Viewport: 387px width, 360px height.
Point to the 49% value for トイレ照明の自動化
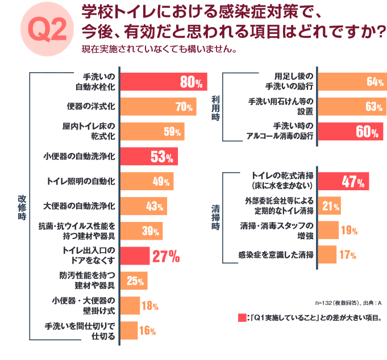tap(161, 181)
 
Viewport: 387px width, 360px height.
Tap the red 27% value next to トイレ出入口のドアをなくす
tap(166, 256)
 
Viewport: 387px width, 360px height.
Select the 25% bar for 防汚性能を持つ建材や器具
tap(135, 281)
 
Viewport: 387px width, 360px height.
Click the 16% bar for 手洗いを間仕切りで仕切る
tap(130, 330)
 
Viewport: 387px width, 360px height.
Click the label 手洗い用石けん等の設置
tap(281, 106)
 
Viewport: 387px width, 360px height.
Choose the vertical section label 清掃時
tap(215, 217)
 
